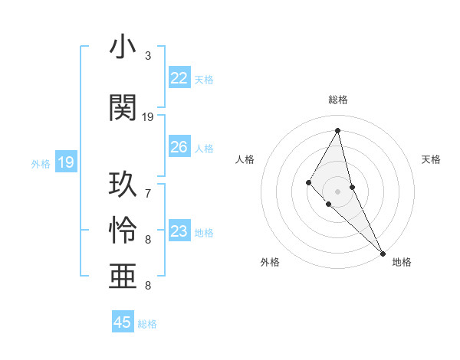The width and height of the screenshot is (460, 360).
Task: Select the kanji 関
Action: click(x=123, y=108)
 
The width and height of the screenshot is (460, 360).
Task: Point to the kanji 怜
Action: click(x=123, y=231)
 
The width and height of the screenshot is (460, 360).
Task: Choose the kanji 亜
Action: click(x=123, y=277)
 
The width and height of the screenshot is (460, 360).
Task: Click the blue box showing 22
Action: click(x=179, y=78)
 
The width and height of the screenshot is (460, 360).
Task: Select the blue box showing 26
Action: click(x=179, y=147)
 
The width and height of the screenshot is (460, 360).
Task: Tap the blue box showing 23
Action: click(x=179, y=231)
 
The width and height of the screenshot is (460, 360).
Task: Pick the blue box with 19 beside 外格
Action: click(x=65, y=162)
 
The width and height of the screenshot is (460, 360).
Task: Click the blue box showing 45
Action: click(x=123, y=322)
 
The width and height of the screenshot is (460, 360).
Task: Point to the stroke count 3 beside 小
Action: click(x=148, y=56)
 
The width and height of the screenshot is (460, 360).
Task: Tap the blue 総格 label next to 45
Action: click(x=147, y=323)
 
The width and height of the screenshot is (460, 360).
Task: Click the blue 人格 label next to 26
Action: click(x=203, y=148)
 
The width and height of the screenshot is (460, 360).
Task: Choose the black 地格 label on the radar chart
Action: click(x=402, y=262)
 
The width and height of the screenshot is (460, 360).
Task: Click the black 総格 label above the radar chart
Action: click(x=338, y=100)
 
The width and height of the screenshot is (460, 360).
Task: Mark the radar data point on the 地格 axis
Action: click(x=383, y=252)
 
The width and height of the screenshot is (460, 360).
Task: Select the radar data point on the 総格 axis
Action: click(x=338, y=130)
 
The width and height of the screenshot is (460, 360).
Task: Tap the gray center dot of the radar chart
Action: click(x=338, y=191)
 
